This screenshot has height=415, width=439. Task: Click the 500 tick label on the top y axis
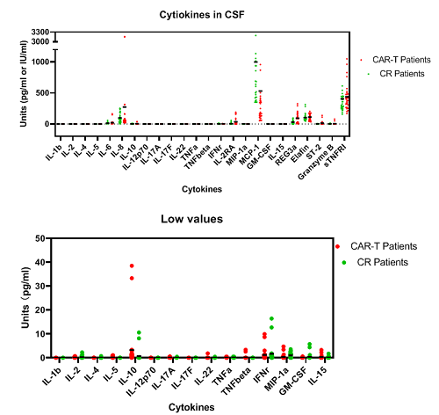[43, 92]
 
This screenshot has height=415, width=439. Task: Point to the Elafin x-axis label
[303, 144]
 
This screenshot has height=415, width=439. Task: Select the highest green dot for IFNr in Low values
[272, 318]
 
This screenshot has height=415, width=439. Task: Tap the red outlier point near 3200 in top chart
[124, 36]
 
